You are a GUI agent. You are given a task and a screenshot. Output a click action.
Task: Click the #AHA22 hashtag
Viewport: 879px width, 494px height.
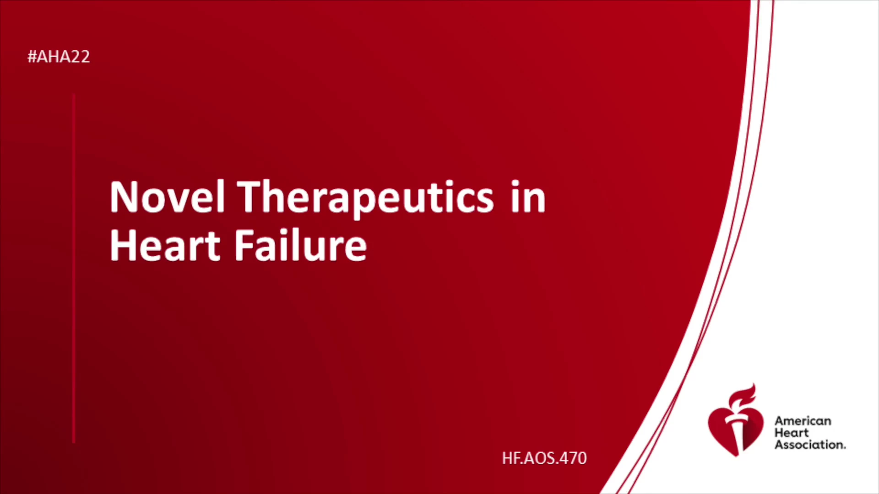point(59,57)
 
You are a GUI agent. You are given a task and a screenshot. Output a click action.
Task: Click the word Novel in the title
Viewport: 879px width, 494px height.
point(167,197)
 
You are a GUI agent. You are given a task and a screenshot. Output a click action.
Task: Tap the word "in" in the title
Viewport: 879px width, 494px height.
point(528,197)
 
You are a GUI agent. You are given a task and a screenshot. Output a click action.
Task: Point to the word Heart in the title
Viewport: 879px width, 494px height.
point(165,246)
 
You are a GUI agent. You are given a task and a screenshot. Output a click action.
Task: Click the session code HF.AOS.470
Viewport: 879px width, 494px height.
point(544,458)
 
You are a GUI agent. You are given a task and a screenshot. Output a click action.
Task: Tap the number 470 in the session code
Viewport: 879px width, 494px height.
point(573,458)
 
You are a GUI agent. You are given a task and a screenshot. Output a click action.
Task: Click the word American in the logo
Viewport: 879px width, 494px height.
point(803,421)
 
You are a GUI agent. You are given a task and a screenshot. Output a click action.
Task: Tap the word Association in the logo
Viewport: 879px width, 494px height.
point(810,445)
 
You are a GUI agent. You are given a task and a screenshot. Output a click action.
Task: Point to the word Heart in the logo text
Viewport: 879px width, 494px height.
point(792,433)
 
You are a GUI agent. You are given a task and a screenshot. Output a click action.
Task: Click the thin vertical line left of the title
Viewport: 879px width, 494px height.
point(74,268)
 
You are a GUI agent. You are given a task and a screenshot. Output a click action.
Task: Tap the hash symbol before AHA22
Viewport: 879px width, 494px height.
point(32,57)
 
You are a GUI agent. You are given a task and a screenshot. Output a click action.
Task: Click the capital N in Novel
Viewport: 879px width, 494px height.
point(123,197)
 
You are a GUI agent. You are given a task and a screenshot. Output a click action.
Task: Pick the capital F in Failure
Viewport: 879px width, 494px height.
point(244,245)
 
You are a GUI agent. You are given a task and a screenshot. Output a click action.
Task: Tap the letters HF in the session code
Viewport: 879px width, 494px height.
point(511,458)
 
